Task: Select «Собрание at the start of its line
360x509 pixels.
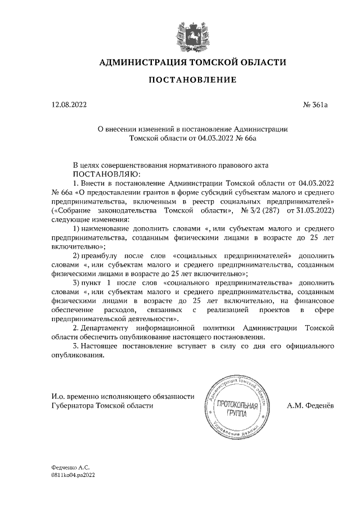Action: click(71, 210)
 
